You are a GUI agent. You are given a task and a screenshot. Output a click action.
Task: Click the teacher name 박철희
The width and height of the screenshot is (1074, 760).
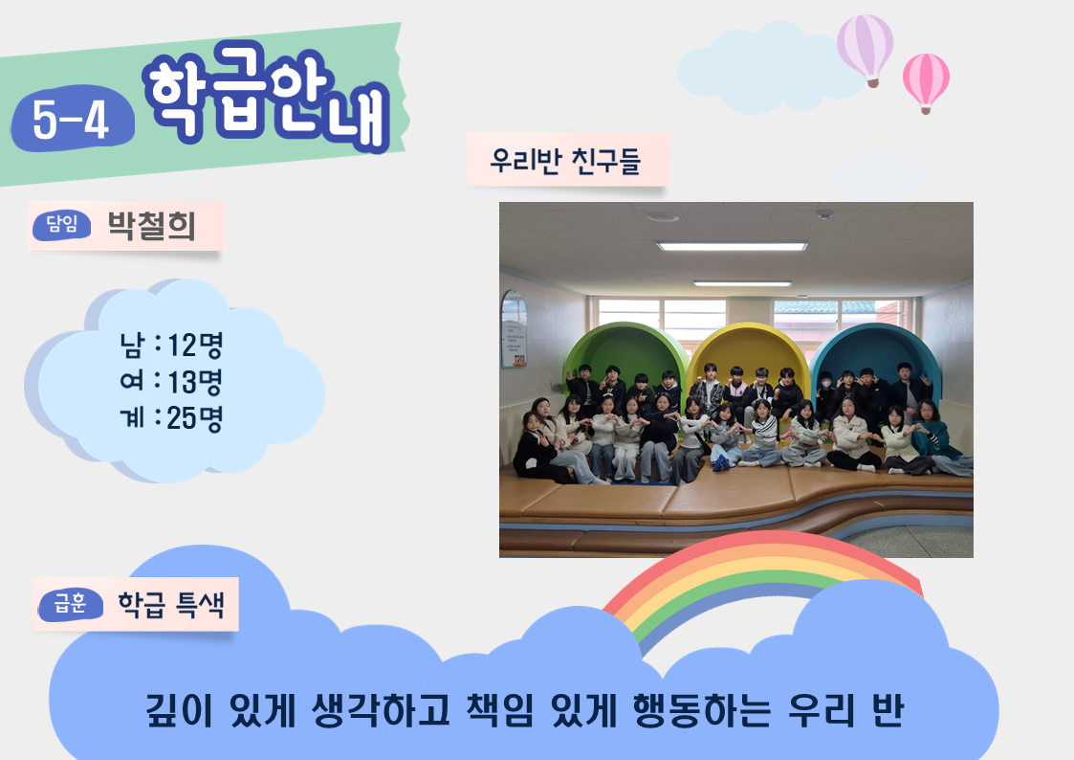pyautogui.click(x=151, y=226)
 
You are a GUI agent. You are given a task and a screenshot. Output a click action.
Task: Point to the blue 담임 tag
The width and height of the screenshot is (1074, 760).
pyautogui.click(x=61, y=225)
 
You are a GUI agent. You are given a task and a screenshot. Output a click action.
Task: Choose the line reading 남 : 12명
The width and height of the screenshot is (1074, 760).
pyautogui.click(x=171, y=345)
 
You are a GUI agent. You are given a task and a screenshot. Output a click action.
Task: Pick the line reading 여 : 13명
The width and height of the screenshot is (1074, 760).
pyautogui.click(x=171, y=381)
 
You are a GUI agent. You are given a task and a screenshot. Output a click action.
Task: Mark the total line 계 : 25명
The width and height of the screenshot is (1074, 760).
pyautogui.click(x=171, y=417)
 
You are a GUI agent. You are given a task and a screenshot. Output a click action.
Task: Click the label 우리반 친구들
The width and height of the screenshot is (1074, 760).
pyautogui.click(x=565, y=161)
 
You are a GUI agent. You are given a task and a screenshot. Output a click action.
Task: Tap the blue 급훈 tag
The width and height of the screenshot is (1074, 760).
pyautogui.click(x=71, y=604)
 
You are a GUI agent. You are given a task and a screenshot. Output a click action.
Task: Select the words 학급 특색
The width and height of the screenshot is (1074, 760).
pyautogui.click(x=171, y=604)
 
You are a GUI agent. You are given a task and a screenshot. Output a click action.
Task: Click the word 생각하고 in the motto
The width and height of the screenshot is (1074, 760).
pyautogui.click(x=380, y=710)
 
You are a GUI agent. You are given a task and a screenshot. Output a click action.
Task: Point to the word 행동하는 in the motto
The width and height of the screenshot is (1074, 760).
pyautogui.click(x=701, y=710)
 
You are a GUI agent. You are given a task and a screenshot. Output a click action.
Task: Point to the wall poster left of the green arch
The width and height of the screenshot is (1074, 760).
pyautogui.click(x=515, y=329)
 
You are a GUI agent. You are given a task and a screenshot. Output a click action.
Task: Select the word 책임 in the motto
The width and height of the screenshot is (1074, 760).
pyautogui.click(x=499, y=710)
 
